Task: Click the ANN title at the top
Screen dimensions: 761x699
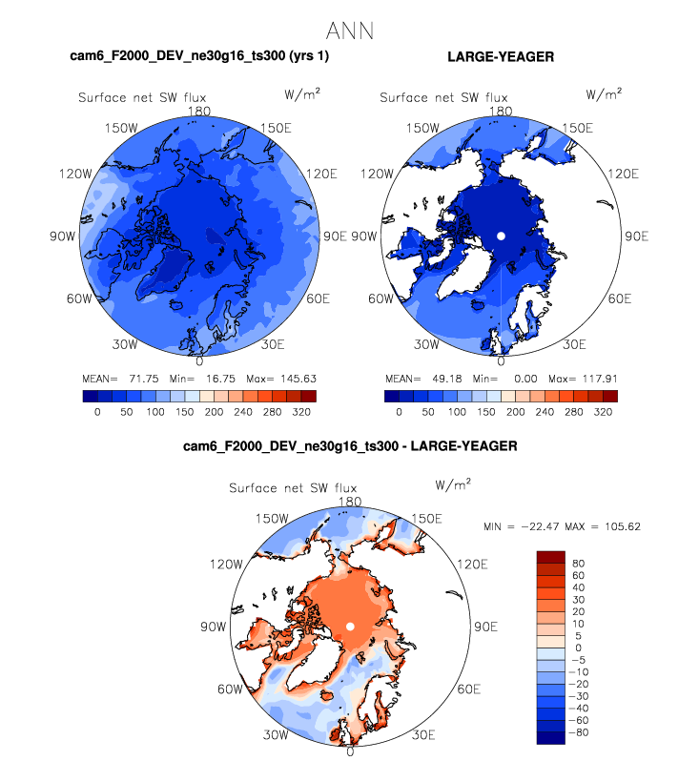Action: [x=349, y=31]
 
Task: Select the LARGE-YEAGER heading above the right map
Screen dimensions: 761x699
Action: [x=500, y=57]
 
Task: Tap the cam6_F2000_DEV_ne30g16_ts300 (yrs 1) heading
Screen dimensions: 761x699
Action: [x=199, y=57]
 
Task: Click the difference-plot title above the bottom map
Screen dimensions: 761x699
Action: [x=349, y=445]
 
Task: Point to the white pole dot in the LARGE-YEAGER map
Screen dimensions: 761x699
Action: [x=501, y=235]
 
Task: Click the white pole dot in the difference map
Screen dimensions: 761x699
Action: [x=350, y=626]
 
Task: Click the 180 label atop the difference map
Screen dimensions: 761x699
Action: [x=350, y=502]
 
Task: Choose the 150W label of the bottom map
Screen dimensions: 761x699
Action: [x=272, y=518]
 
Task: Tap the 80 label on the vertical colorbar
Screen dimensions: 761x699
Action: [x=578, y=563]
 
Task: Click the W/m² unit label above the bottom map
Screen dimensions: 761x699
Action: [x=453, y=483]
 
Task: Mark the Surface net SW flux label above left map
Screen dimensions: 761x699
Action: [x=142, y=97]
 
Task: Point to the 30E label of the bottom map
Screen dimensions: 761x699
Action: [x=423, y=735]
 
